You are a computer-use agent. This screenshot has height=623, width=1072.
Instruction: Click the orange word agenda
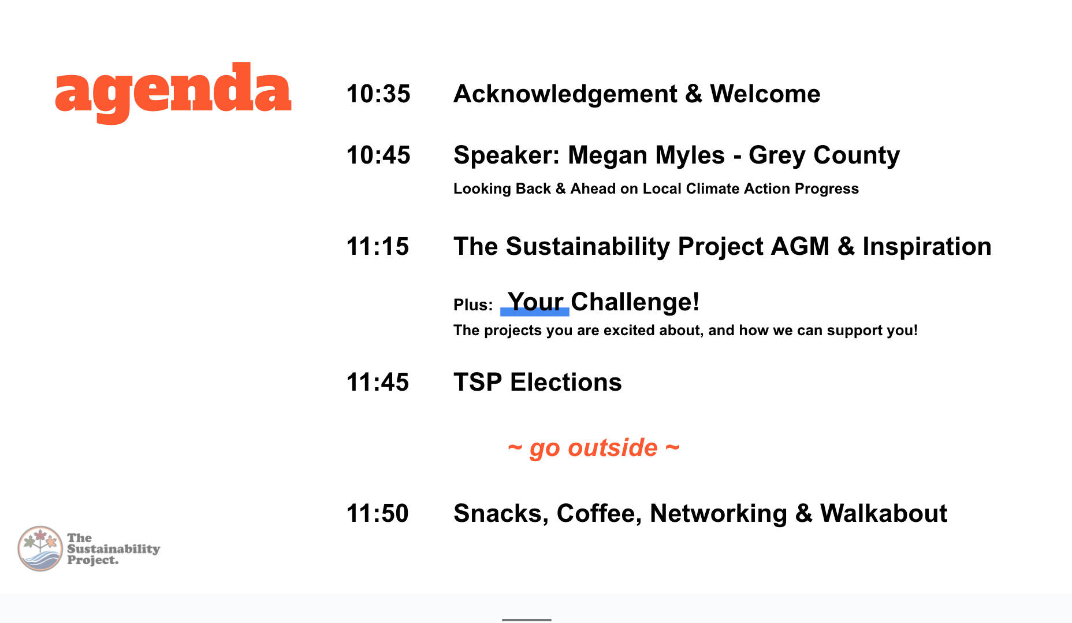point(173,92)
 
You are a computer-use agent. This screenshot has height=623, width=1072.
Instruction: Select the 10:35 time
point(378,94)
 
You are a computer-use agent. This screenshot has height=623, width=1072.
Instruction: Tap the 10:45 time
point(378,155)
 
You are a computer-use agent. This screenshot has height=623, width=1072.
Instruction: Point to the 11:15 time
point(378,247)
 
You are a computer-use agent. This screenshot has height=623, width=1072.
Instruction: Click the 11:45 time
point(378,383)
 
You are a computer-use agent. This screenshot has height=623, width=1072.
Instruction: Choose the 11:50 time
point(378,514)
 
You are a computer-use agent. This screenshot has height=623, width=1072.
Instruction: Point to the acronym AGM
point(800,247)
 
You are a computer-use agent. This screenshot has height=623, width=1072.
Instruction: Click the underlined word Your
point(535,302)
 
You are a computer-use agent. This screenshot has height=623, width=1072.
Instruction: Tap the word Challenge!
point(635,302)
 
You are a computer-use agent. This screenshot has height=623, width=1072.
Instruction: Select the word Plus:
point(473,305)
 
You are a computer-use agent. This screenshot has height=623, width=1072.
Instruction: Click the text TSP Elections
point(538,383)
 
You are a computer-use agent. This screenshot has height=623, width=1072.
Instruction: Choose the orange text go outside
point(594,448)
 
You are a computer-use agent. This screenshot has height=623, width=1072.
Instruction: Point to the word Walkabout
point(884,514)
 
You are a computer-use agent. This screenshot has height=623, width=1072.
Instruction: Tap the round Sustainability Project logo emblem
point(40,548)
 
